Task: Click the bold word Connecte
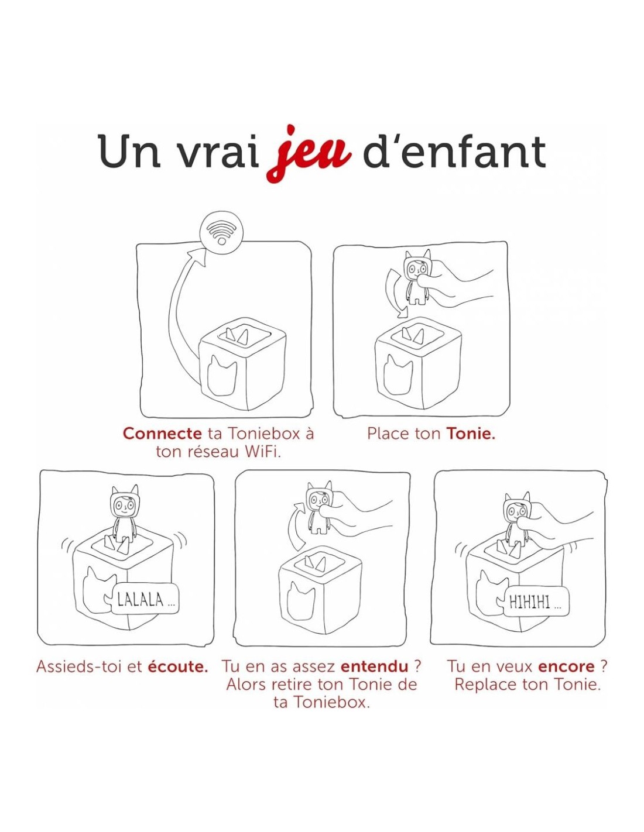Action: point(162,434)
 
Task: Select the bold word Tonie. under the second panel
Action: point(471,434)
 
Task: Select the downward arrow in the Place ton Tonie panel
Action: point(394,293)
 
